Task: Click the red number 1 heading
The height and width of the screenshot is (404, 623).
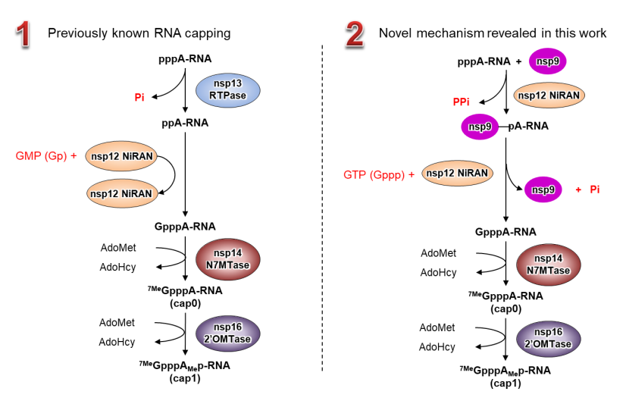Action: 23,34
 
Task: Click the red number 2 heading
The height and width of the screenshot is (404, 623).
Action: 354,34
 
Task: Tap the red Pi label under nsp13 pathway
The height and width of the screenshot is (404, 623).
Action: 139,97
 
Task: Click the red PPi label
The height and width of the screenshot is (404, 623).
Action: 462,101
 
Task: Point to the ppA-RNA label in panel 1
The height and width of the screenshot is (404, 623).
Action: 185,121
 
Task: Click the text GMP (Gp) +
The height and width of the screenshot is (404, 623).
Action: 46,156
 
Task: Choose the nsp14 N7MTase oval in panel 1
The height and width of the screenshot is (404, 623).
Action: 227,259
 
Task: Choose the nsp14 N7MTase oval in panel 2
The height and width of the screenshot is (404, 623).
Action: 548,265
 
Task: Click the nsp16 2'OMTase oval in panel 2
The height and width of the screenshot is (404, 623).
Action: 548,337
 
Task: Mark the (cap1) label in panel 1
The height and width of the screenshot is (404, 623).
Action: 185,377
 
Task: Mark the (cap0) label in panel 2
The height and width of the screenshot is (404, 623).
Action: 505,308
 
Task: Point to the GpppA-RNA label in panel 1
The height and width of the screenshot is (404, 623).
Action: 185,226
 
